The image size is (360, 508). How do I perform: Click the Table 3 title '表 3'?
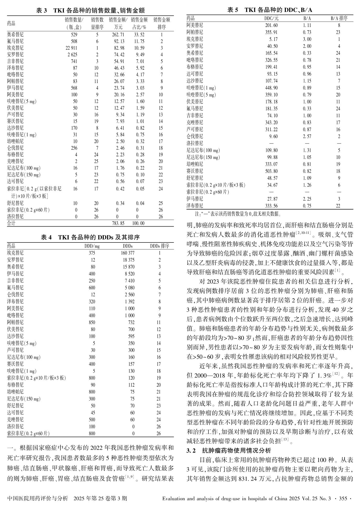[41, 11]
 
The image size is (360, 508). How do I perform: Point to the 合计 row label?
[11, 223]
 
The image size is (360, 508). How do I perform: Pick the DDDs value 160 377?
[128, 253]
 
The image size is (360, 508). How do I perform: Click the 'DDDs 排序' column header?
[159, 246]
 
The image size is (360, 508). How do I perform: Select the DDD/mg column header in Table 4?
[92, 246]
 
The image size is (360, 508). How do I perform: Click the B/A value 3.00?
[307, 39]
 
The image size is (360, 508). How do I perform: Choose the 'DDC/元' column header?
[272, 18]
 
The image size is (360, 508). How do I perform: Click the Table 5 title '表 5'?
[233, 10]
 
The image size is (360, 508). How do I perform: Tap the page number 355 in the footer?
[343, 498]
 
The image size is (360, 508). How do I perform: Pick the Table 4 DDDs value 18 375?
[128, 260]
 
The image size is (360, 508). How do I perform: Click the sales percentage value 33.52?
[139, 35]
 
